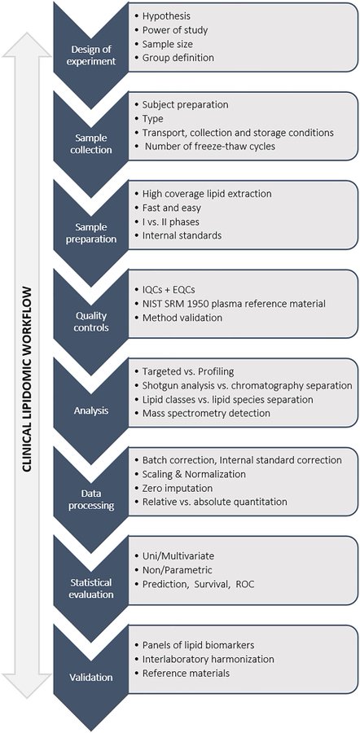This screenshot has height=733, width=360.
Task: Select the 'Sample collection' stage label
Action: point(90,144)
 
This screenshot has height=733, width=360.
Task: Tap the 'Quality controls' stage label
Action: point(90,322)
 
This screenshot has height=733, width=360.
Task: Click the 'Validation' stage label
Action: point(90,677)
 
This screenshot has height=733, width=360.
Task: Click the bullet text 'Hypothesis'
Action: point(166,16)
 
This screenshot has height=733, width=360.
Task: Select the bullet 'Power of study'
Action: point(175,30)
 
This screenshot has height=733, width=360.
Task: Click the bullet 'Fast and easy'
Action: point(172,207)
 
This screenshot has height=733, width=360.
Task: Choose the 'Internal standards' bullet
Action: point(182,235)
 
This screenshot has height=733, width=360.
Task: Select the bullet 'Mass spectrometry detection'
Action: point(206,413)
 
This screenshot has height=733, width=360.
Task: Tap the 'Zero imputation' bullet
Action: point(178,488)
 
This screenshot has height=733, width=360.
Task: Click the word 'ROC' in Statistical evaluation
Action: point(244,584)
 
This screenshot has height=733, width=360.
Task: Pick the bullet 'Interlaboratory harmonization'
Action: point(208,659)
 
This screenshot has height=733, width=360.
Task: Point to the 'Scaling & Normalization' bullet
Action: point(194,474)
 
